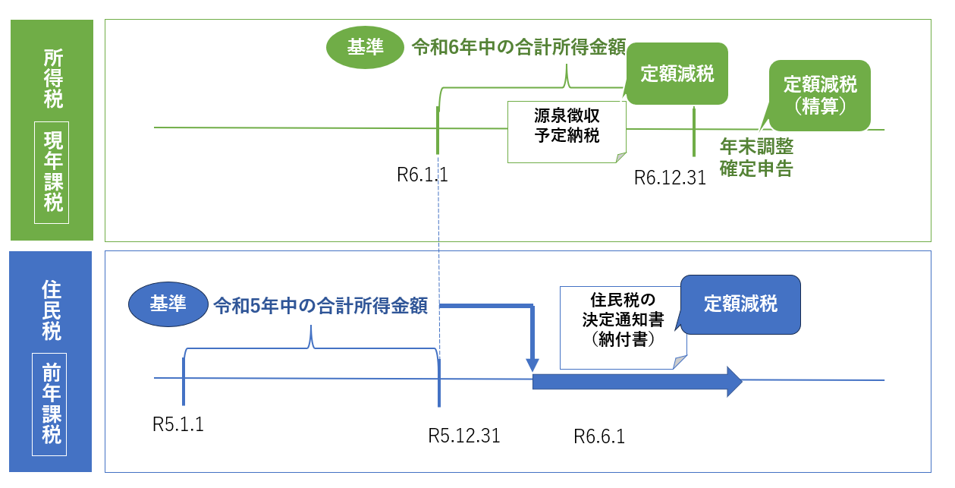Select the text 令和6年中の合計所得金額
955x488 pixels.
pos(518,48)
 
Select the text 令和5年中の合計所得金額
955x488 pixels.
pos(320,305)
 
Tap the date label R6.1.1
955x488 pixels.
pos(423,175)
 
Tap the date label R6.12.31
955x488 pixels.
pos(670,178)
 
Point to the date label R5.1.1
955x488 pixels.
pos(178,424)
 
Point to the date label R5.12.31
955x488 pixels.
pos(464,436)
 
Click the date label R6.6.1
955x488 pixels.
pos(598,436)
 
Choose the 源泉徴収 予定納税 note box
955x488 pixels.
pos(566,128)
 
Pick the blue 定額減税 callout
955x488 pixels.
pos(740,304)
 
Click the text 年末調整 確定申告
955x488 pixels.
pos(756,158)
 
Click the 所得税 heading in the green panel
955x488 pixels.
pos(52,78)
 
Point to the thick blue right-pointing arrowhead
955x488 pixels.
pos(734,381)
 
